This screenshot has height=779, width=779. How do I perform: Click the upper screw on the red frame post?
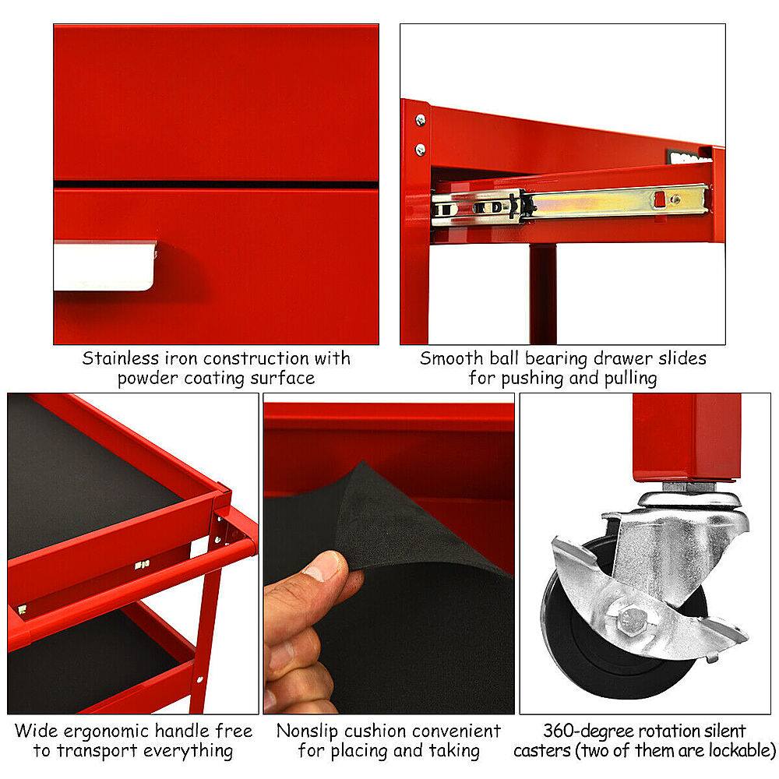point(421,120)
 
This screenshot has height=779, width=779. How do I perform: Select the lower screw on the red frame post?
point(421,149)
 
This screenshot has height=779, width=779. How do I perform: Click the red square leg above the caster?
point(685,436)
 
